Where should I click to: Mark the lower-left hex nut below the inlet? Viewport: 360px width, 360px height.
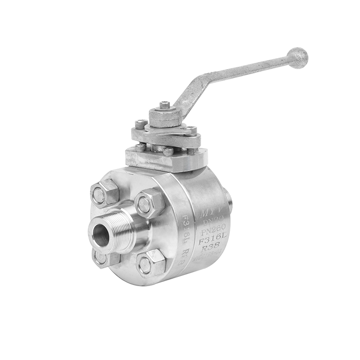click(103, 258)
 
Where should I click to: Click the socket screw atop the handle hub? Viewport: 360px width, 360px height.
click(165, 105)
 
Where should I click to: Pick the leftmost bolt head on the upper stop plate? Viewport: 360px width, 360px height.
click(141, 123)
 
